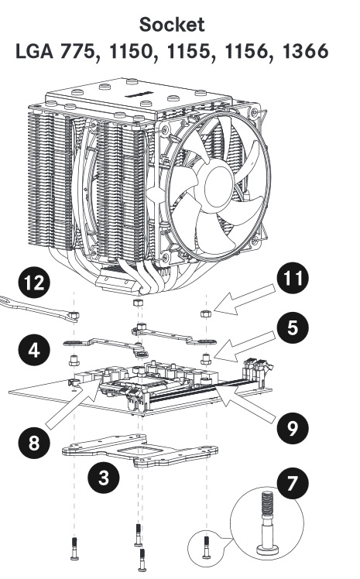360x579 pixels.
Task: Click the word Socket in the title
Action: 172,24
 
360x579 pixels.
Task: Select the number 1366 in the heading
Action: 305,50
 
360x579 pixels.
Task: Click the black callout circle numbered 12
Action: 34,283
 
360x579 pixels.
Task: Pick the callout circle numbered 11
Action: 293,278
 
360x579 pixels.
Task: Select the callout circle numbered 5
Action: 293,328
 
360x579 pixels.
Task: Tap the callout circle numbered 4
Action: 34,350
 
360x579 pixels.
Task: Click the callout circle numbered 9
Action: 293,428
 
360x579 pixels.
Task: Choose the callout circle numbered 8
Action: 34,442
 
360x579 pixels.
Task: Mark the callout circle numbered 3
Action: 104,478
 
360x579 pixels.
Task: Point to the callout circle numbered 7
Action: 293,483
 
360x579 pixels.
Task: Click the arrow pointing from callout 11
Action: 245,300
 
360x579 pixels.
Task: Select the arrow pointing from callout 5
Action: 245,347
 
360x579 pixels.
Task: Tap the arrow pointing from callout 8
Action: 73,404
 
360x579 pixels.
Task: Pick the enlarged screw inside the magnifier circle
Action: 267,522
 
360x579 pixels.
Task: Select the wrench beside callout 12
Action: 39,308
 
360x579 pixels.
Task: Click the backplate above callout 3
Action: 140,451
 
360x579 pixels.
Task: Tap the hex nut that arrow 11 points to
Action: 205,313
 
